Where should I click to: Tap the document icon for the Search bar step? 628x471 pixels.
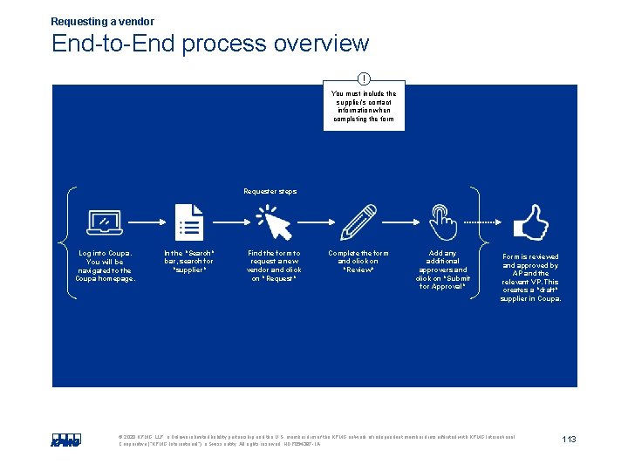188,222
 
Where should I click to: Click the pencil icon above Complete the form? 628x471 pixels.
358,222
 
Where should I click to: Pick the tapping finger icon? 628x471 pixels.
443,222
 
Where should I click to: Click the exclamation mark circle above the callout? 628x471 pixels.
364,78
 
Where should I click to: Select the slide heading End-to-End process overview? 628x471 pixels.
209,43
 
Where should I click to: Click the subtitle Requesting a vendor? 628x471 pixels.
102,21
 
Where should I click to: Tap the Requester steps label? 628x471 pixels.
270,191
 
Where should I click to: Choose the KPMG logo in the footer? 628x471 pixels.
65,440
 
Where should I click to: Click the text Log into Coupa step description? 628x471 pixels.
106,266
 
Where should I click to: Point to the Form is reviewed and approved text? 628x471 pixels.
530,277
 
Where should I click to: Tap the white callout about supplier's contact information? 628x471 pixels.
364,106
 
